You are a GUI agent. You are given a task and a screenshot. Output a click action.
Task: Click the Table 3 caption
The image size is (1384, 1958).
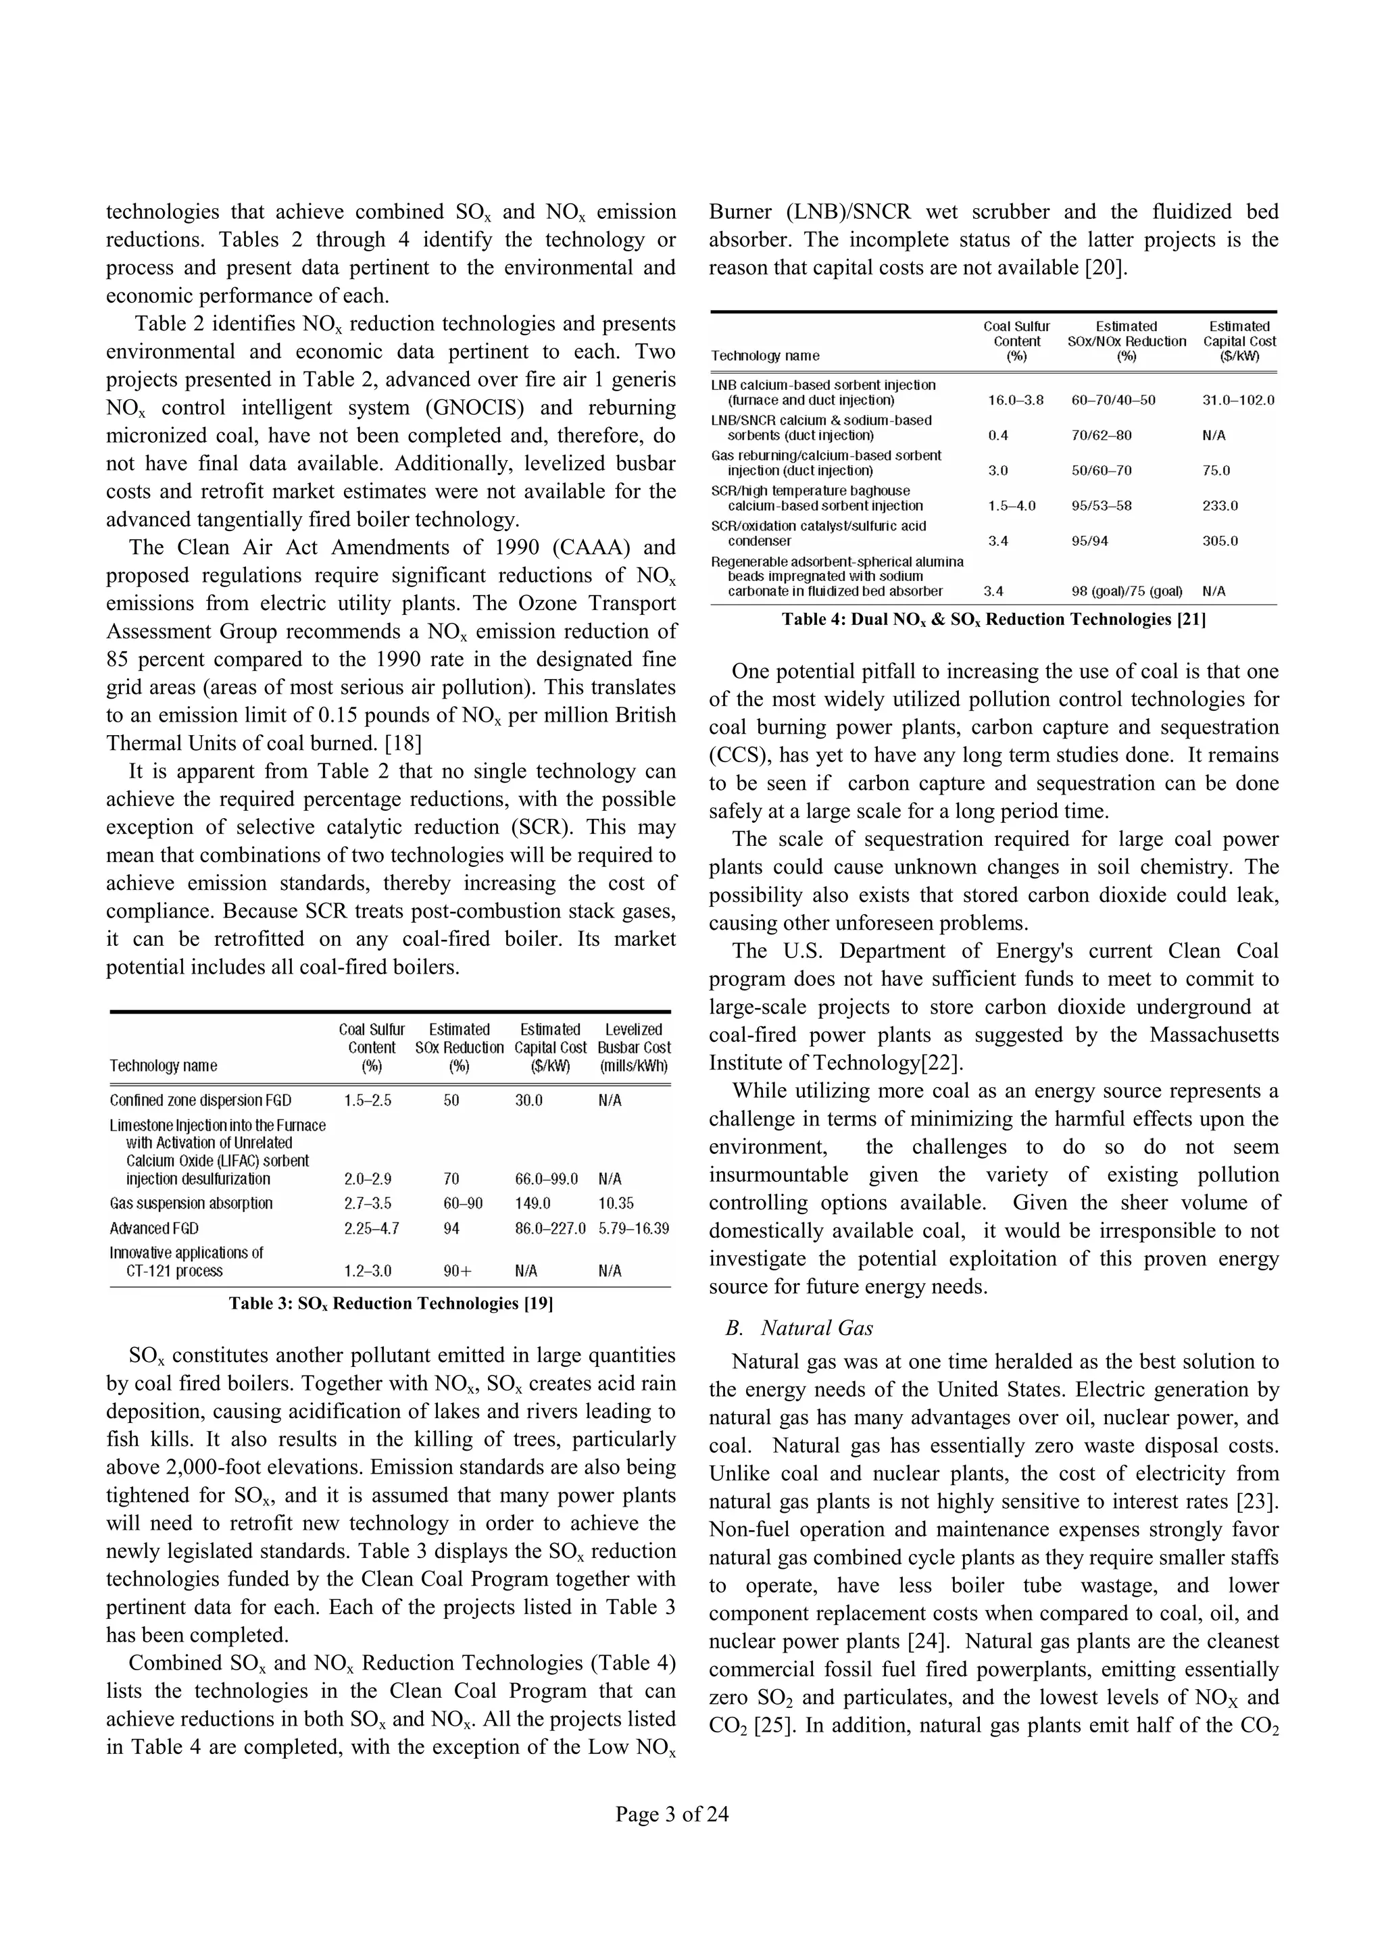[391, 1303]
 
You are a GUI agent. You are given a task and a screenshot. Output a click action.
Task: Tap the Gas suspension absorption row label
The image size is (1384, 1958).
[191, 1203]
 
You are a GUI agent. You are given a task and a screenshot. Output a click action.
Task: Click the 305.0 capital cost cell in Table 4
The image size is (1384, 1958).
[1220, 541]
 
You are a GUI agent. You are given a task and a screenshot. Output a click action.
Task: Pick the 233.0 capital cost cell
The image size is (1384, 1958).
[1220, 505]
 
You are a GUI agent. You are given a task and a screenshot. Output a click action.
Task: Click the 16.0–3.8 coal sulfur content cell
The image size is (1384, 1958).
[1016, 400]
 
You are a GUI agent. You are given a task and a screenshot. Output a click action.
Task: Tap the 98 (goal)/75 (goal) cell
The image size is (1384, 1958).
[1127, 591]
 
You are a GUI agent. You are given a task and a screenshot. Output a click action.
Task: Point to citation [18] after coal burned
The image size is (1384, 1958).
[403, 743]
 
